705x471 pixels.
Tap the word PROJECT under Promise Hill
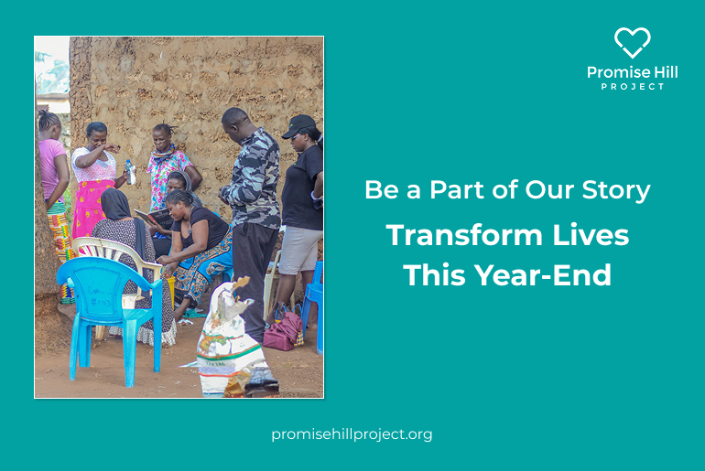(632, 86)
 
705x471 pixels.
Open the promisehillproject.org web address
(352, 434)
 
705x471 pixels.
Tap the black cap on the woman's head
(298, 125)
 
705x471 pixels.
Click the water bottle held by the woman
(130, 172)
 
